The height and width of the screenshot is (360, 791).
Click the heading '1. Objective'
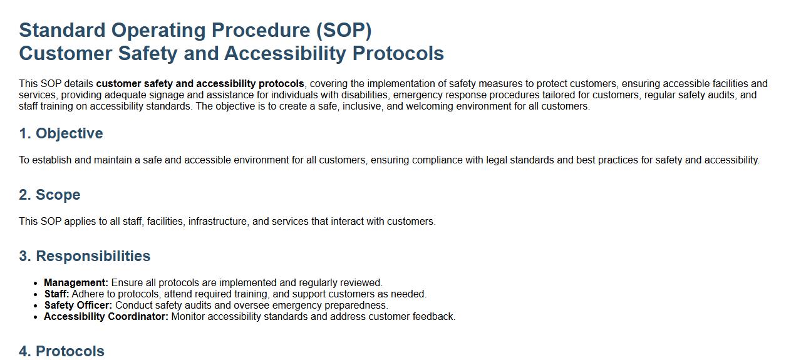click(61, 133)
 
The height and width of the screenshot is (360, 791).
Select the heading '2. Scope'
click(49, 195)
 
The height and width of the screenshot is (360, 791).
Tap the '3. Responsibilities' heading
click(85, 256)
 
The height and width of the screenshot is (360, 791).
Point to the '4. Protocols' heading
click(62, 351)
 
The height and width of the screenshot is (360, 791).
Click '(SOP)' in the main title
click(344, 30)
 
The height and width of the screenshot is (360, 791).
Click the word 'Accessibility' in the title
click(284, 54)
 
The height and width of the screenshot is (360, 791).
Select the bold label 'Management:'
click(76, 283)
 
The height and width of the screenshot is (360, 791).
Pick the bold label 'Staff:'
click(56, 294)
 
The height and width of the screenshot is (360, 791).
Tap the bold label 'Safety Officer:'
click(78, 306)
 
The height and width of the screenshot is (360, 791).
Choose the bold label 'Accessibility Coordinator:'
click(106, 317)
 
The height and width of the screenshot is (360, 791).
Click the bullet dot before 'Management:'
click(35, 284)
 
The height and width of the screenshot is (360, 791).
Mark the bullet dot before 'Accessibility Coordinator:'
click(35, 317)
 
